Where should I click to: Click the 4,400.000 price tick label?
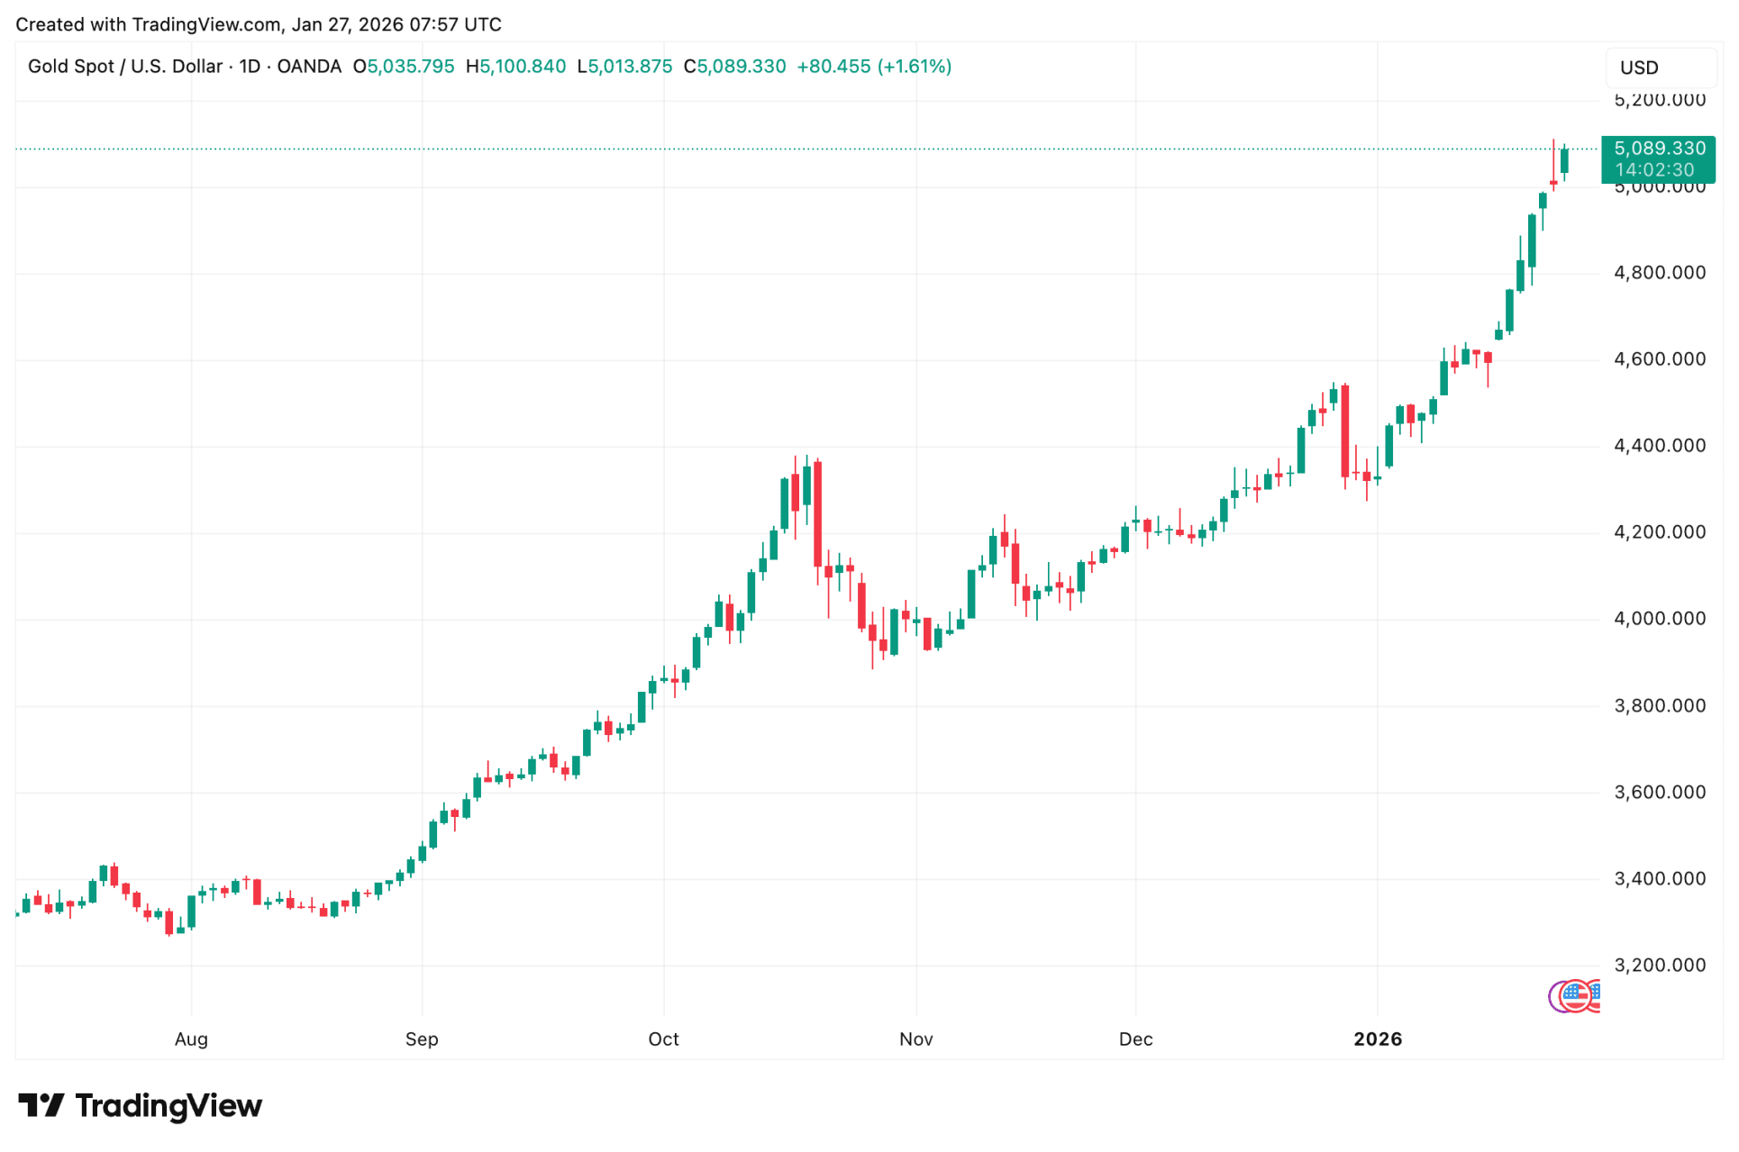point(1659,446)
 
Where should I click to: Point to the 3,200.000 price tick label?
point(1659,966)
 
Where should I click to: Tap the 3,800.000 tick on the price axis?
point(1659,706)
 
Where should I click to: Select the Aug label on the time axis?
point(191,1039)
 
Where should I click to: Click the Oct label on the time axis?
point(663,1039)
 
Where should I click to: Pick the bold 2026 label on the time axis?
point(1377,1039)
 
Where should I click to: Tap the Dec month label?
point(1135,1039)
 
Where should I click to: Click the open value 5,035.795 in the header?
point(410,67)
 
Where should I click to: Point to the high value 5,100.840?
point(523,67)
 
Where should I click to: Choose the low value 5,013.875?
point(630,67)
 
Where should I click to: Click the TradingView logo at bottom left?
point(140,1105)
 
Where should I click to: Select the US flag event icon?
point(1574,995)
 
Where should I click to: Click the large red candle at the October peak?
point(817,513)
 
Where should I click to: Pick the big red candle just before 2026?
point(1344,431)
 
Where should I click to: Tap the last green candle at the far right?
point(1564,160)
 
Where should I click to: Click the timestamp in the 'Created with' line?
point(396,24)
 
